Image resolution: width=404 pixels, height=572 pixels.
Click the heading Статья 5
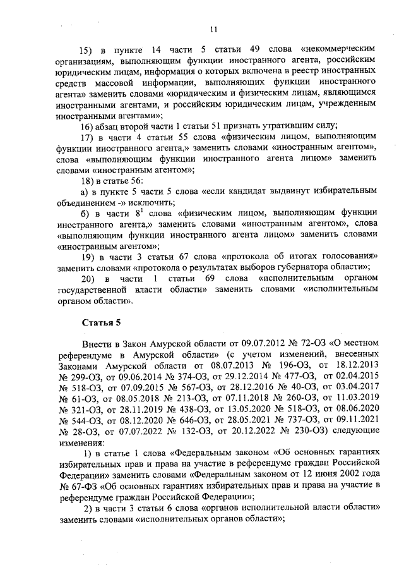pos(100,323)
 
